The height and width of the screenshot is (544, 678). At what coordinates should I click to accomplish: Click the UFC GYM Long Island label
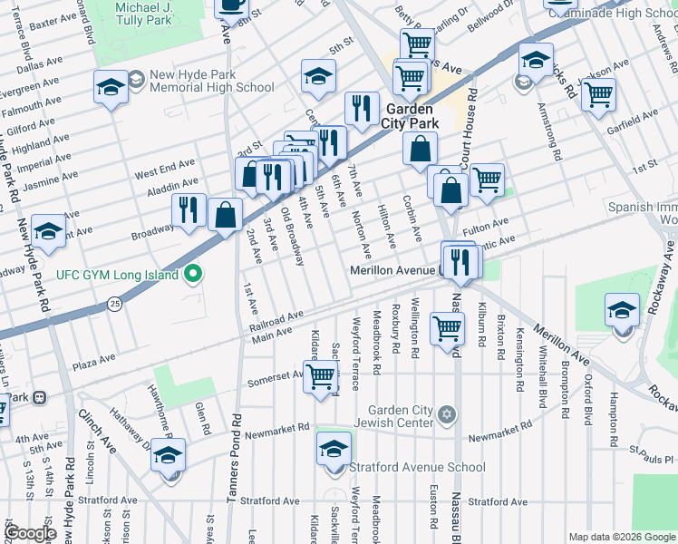pyautogui.click(x=120, y=273)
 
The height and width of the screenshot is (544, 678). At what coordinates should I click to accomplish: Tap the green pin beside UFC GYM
pyautogui.click(x=192, y=273)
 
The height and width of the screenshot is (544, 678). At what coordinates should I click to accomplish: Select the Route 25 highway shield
pyautogui.click(x=114, y=303)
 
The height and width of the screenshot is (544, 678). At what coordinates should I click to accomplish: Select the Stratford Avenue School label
pyautogui.click(x=418, y=468)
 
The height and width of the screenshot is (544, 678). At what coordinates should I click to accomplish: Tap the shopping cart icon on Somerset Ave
pyautogui.click(x=320, y=374)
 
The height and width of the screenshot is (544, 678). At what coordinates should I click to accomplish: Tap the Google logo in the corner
pyautogui.click(x=31, y=533)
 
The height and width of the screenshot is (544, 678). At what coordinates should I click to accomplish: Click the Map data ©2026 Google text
pyautogui.click(x=621, y=537)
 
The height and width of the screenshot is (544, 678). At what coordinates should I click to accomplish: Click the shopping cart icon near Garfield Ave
pyautogui.click(x=598, y=94)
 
